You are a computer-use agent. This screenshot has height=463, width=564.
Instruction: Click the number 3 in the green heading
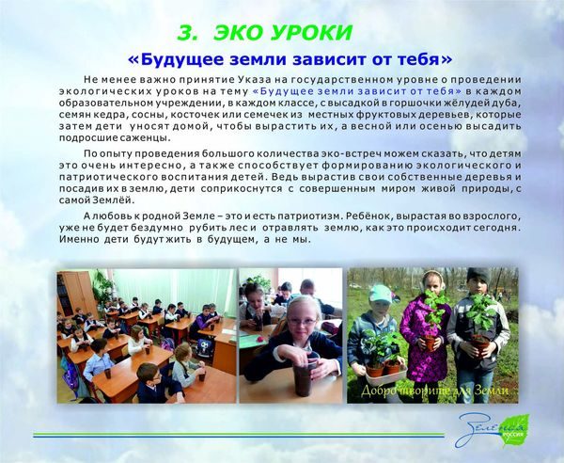(187, 33)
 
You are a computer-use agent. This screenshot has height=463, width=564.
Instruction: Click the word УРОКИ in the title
(311, 33)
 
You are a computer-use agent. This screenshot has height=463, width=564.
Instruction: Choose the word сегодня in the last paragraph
(500, 228)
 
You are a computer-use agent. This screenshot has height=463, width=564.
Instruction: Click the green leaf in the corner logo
(515, 429)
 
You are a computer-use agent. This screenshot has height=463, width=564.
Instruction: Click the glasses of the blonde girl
(302, 322)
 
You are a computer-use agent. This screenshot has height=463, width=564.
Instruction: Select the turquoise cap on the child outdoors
(380, 294)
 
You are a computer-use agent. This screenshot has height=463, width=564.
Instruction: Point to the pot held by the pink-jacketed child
(431, 343)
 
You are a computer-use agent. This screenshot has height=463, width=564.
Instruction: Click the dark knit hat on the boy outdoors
(479, 276)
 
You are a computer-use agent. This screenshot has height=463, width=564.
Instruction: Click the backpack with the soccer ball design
(204, 348)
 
